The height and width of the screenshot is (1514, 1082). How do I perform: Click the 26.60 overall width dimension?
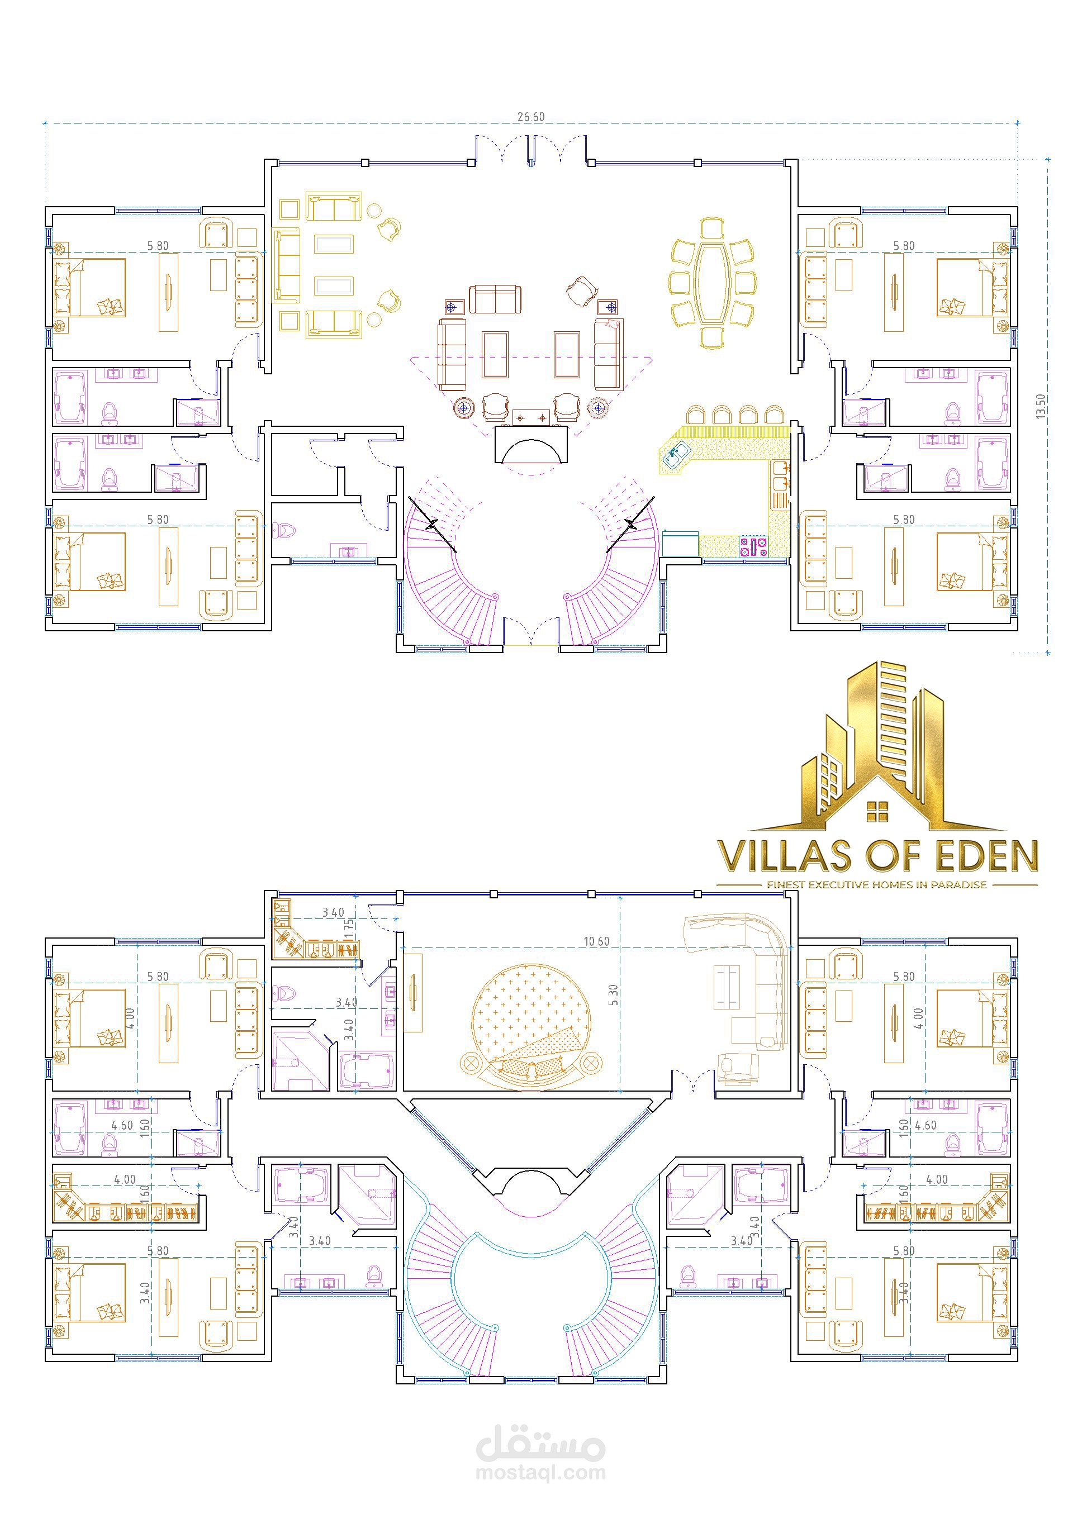(x=530, y=117)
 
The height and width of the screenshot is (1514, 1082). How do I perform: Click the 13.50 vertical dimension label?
(x=1041, y=406)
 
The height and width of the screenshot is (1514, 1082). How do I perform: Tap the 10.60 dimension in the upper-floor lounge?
(x=596, y=941)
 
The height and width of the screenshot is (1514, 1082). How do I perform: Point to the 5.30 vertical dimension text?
(x=613, y=994)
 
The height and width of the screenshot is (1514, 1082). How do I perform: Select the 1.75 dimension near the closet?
(x=348, y=928)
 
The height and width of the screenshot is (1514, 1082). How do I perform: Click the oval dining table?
(x=711, y=283)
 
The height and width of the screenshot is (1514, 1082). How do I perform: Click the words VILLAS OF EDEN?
(x=877, y=856)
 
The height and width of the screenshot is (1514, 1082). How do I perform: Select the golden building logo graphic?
(x=877, y=746)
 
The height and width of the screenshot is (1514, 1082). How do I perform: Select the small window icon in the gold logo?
(x=877, y=811)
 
